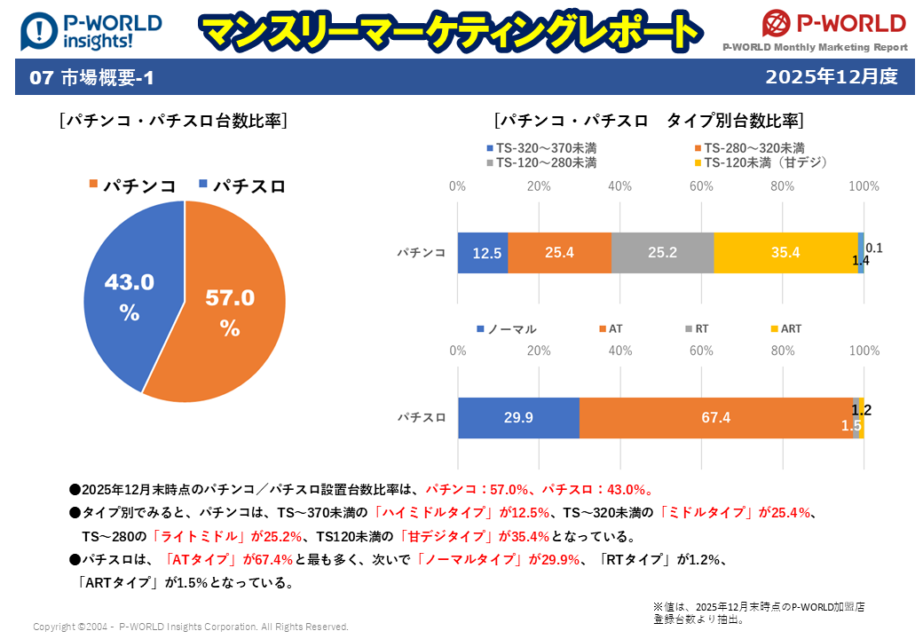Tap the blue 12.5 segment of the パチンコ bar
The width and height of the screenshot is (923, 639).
(x=483, y=253)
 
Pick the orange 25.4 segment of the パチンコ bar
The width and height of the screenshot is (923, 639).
(x=559, y=253)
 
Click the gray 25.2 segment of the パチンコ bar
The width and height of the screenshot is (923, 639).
(x=662, y=253)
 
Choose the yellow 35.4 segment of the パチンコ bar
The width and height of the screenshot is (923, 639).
(x=785, y=253)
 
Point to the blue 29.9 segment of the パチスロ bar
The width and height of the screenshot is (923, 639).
(x=518, y=418)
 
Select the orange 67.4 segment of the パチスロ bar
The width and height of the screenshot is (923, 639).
(x=715, y=418)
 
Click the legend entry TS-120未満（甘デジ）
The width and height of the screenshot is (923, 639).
(x=761, y=162)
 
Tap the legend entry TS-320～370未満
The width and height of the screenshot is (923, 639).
(x=541, y=148)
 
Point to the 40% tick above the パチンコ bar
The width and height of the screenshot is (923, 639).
(x=620, y=186)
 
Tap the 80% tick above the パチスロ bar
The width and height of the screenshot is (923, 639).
(x=783, y=351)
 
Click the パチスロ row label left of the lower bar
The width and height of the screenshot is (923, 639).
(x=421, y=418)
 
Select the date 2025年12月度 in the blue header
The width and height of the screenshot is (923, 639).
(x=832, y=77)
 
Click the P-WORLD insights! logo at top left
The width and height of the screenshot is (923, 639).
(x=91, y=31)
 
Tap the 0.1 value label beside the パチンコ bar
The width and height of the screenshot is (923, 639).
(x=873, y=248)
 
